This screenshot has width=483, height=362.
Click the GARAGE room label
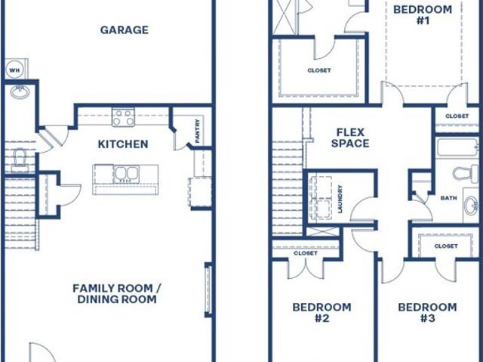[x=124, y=30]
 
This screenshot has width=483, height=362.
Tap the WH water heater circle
[x=14, y=70]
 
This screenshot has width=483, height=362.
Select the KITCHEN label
[x=123, y=144]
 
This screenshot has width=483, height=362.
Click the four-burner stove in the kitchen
[x=123, y=117]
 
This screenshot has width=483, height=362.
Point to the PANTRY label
[x=198, y=131]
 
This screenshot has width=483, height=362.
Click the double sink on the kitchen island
[x=126, y=174]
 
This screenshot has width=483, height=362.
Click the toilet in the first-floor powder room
[x=20, y=160]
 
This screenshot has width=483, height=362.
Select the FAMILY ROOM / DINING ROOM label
[x=117, y=293]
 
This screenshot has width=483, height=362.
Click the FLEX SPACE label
[x=350, y=138]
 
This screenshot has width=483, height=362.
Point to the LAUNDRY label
[x=340, y=199]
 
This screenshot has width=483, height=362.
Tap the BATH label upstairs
[x=449, y=198]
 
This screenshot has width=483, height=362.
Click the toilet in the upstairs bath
[x=466, y=173]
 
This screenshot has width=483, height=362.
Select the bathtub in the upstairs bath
[x=458, y=147]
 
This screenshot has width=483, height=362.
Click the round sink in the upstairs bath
[x=472, y=206]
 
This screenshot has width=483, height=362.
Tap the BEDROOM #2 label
[x=322, y=312]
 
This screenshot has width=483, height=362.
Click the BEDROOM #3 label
[x=428, y=312]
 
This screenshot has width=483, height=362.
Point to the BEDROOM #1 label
[x=423, y=15]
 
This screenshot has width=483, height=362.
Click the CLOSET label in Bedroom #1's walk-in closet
[x=319, y=70]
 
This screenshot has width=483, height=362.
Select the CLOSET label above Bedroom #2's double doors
[x=306, y=253]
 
